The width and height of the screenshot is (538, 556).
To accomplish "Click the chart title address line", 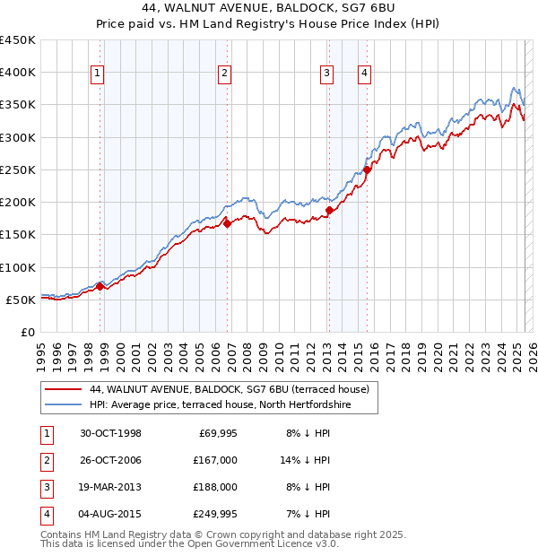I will [268, 7].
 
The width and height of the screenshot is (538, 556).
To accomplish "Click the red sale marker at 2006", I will [228, 224].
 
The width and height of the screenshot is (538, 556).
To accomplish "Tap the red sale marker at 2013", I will [329, 210].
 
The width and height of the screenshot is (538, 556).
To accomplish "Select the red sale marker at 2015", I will [368, 169].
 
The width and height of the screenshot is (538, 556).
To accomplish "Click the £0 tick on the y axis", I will [27, 332].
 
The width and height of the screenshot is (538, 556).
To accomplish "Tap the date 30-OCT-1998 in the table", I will [110, 433].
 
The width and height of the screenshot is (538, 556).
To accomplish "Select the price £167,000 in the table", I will [215, 460].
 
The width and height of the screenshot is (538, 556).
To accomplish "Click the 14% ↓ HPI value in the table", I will [306, 460].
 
